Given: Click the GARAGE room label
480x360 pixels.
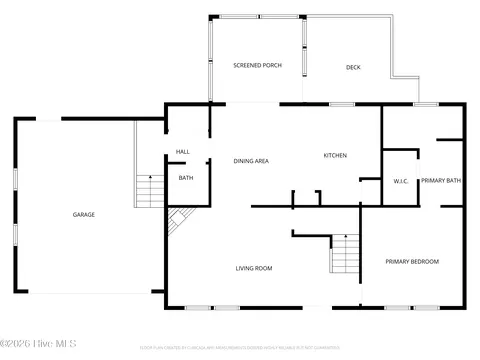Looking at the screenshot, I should click(83, 215).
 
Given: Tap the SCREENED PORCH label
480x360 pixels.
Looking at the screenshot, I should click(257, 65).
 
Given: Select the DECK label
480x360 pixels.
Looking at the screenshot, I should click(353, 67).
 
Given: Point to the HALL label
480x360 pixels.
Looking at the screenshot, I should click(183, 152).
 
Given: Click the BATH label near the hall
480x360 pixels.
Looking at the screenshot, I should click(186, 178).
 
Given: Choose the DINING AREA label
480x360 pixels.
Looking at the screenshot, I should click(250, 161).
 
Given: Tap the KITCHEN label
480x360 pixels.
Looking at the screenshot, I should click(334, 155).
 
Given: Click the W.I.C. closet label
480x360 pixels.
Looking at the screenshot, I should click(400, 181).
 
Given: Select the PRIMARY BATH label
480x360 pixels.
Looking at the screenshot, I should click(440, 180).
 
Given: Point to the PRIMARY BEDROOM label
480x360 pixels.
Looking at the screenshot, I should click(412, 261).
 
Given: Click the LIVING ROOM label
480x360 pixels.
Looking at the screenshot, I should click(254, 268).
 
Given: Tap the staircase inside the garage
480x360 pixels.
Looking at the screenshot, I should click(149, 190).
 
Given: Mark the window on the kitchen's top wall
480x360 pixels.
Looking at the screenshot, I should click(342, 104).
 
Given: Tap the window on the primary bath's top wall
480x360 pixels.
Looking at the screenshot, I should click(427, 104).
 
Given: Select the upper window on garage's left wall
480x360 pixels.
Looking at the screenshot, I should click(15, 180).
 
